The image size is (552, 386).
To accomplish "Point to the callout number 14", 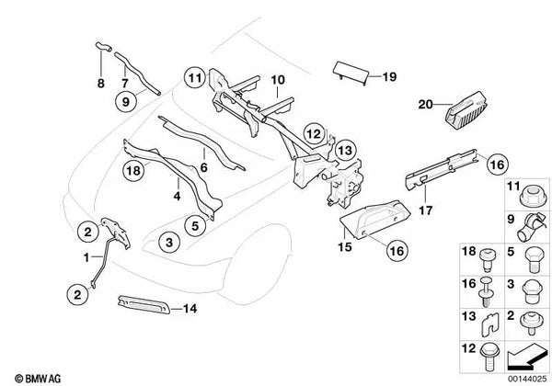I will (x=190, y=308).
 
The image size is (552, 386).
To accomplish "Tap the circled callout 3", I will (x=168, y=242).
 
